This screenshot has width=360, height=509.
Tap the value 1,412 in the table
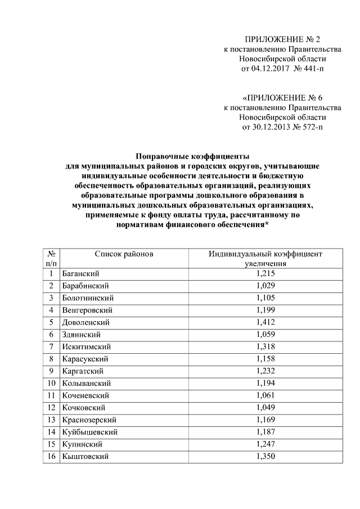tap(265, 322)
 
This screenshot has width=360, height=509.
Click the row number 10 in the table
tap(51, 384)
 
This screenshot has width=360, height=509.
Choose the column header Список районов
tap(124, 255)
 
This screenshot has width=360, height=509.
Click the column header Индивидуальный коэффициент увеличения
tap(265, 259)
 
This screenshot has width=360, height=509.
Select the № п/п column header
tap(51, 259)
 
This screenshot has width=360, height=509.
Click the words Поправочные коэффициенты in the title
tap(192, 156)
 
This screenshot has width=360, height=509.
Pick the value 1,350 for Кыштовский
tap(265, 457)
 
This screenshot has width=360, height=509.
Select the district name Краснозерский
tap(89, 420)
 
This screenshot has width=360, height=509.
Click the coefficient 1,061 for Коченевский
tap(265, 395)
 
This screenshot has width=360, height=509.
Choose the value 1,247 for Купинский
tap(265, 444)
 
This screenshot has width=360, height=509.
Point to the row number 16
tap(51, 457)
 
